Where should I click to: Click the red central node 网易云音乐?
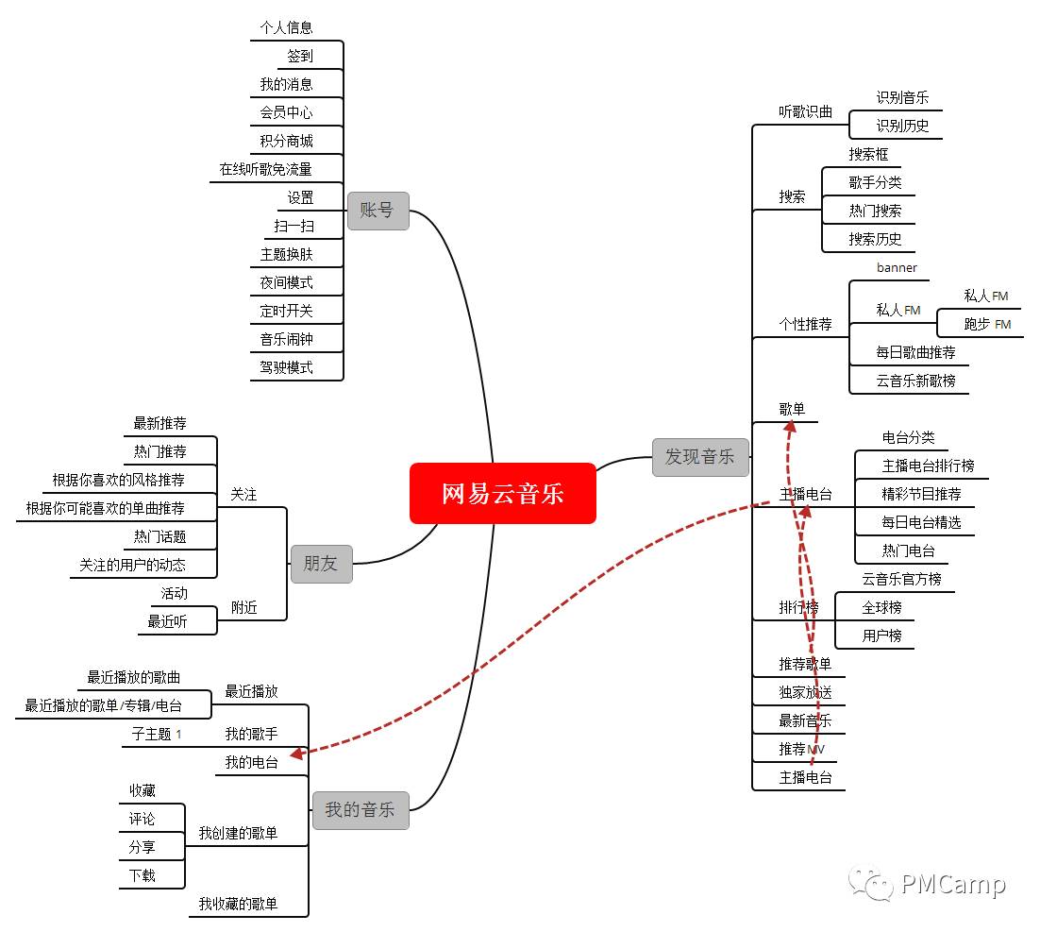pyautogui.click(x=503, y=493)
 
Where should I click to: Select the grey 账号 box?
pyautogui.click(x=377, y=211)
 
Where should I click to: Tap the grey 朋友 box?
pyautogui.click(x=321, y=564)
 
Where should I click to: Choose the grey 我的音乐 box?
pyautogui.click(x=360, y=809)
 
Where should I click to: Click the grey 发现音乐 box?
pyautogui.click(x=699, y=457)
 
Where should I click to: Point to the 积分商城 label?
pyautogui.click(x=286, y=141)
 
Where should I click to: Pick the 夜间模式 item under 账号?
pyautogui.click(x=286, y=282)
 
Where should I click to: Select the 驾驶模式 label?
pyautogui.click(x=286, y=367)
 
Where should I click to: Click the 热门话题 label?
pyautogui.click(x=159, y=536)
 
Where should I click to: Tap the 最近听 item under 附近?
pyautogui.click(x=167, y=621)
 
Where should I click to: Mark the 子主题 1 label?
pyautogui.click(x=156, y=734)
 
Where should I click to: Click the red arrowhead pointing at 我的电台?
pyautogui.click(x=296, y=754)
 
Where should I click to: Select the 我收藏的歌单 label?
pyautogui.click(x=238, y=904)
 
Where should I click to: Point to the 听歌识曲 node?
pyautogui.click(x=805, y=111)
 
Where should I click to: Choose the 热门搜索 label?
pyautogui.click(x=875, y=211)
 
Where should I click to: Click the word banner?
pyautogui.click(x=896, y=267)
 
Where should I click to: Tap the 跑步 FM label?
pyautogui.click(x=986, y=324)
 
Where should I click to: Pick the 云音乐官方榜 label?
pyautogui.click(x=901, y=579)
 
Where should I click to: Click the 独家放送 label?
pyautogui.click(x=805, y=692)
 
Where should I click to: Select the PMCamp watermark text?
pyautogui.click(x=952, y=885)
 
